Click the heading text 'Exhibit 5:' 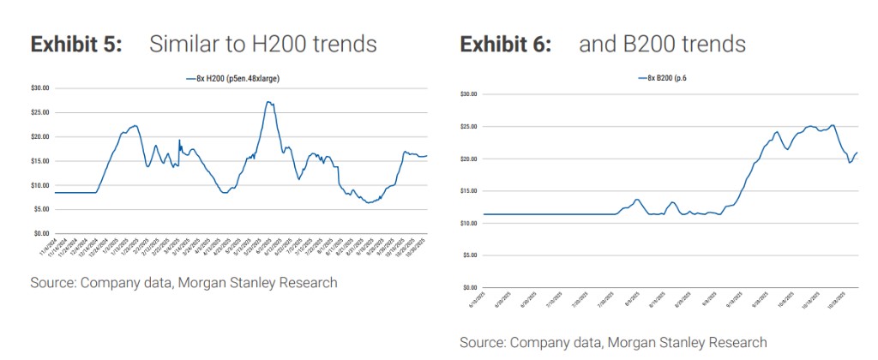coord(75,45)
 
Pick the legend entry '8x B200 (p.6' coord(662,79)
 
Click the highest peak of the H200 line coord(268,102)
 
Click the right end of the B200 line coord(857,153)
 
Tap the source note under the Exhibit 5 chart coord(183,283)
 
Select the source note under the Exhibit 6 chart coord(613,343)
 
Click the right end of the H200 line coord(426,155)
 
